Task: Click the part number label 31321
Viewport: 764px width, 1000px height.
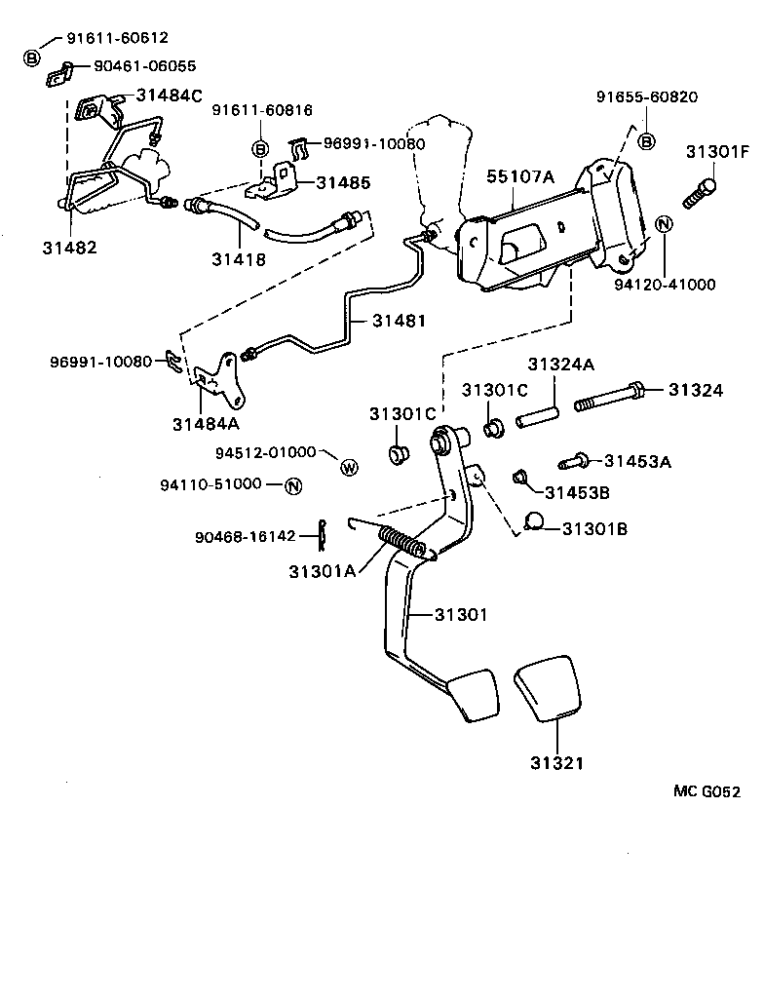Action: pyautogui.click(x=557, y=762)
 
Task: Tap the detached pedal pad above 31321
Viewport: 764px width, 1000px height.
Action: pyautogui.click(x=548, y=692)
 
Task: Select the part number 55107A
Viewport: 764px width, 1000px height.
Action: pyautogui.click(x=520, y=176)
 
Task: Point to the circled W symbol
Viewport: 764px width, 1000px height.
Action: pyautogui.click(x=349, y=468)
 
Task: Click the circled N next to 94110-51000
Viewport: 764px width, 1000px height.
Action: pyautogui.click(x=293, y=485)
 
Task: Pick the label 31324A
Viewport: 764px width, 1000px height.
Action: pyautogui.click(x=562, y=365)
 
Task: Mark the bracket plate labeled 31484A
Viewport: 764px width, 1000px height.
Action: pyautogui.click(x=220, y=382)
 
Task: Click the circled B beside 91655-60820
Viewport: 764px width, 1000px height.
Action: pyautogui.click(x=646, y=142)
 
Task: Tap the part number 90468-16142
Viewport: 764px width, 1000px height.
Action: pyautogui.click(x=245, y=536)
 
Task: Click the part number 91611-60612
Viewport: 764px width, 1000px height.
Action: pyautogui.click(x=117, y=38)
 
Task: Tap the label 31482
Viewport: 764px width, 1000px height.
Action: pyautogui.click(x=69, y=248)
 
